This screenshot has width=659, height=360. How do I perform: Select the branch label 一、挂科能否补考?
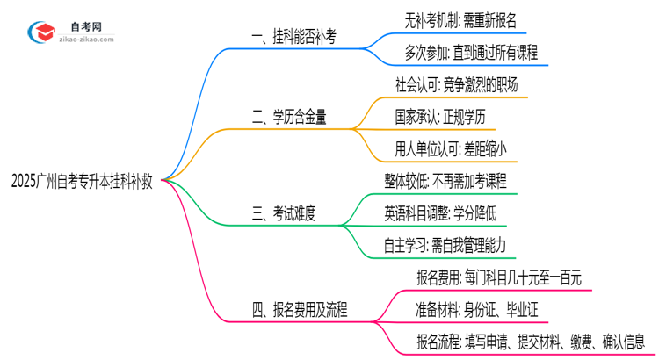point(293,37)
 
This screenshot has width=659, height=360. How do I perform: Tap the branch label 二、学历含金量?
point(289,118)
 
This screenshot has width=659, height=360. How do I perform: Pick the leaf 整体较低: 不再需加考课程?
point(445,181)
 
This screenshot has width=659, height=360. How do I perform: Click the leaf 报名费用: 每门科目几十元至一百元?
point(498,277)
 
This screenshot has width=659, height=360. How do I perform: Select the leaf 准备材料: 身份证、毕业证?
point(475,309)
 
